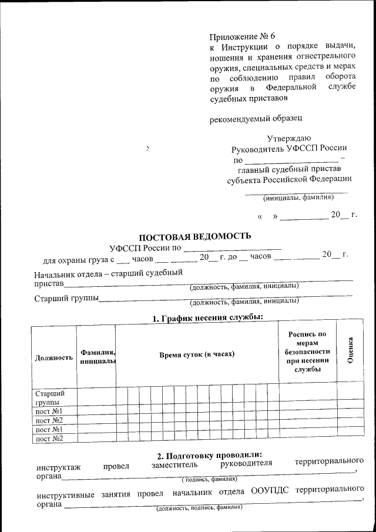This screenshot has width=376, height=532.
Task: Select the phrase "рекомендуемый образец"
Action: click(256, 119)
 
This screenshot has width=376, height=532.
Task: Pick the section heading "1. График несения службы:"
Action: click(207, 318)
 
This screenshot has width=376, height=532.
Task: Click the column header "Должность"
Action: click(54, 357)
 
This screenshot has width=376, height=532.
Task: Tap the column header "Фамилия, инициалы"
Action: click(96, 356)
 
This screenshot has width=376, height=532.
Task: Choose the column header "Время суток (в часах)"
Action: click(196, 354)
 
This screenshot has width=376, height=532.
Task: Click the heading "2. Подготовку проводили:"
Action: click(209, 455)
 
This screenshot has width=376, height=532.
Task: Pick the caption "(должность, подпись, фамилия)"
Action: click(199, 507)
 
